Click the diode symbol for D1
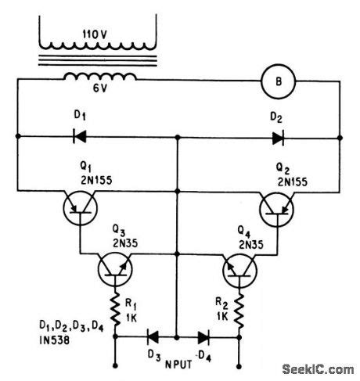click(79, 136)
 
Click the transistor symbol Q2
click(276, 210)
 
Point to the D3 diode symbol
click(153, 338)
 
